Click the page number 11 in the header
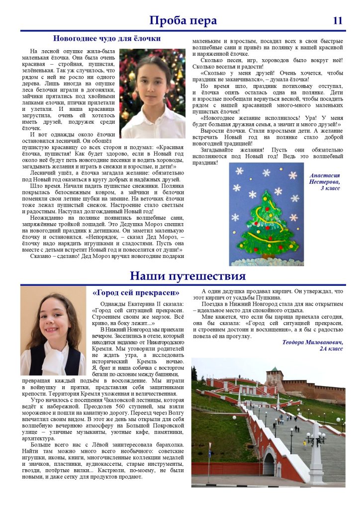(x=338, y=20)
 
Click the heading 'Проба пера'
(x=183, y=20)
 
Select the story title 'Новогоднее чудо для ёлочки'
(x=107, y=38)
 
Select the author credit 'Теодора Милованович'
(x=312, y=342)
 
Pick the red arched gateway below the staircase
(x=269, y=465)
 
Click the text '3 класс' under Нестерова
(x=330, y=188)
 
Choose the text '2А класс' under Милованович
(x=331, y=349)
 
